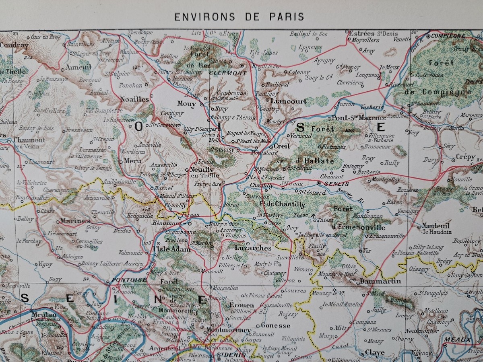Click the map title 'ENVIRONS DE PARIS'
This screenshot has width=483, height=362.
tap(239, 17)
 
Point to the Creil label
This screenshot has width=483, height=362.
tap(281, 146)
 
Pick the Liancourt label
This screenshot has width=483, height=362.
tap(288, 101)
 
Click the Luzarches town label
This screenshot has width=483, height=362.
tap(253, 248)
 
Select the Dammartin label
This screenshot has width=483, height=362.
tap(380, 281)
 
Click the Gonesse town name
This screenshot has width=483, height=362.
tap(275, 325)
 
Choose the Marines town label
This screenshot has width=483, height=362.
tap(75, 221)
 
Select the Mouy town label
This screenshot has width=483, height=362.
tap(186, 104)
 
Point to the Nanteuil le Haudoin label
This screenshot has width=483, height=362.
tap(436, 228)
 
